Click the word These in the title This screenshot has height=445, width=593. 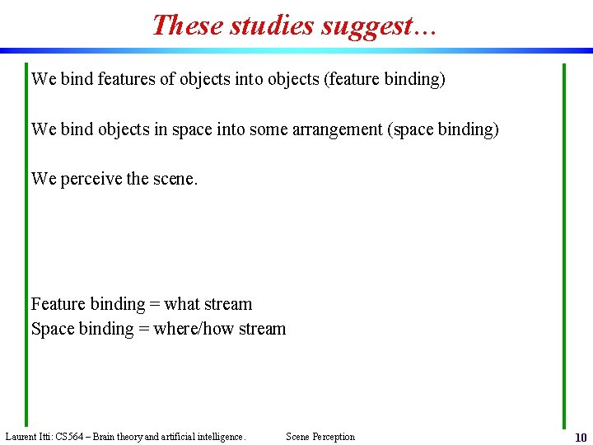tap(187, 25)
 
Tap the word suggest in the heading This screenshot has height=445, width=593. tap(367, 25)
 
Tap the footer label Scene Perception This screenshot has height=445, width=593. tap(320, 437)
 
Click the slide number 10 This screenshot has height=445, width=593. tap(581, 438)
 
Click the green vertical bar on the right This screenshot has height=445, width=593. tap(564, 247)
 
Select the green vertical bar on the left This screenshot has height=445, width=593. tap(26, 247)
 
